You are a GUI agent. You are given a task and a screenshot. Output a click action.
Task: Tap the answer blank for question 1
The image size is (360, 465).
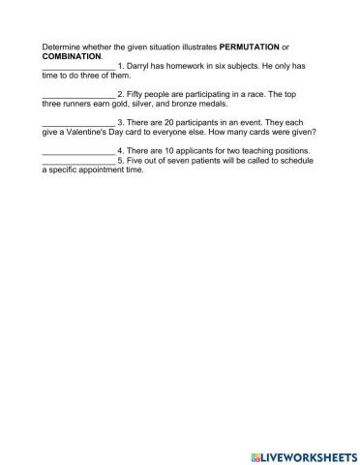pos(78,66)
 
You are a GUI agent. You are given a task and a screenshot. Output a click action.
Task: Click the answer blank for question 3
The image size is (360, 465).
pos(78,122)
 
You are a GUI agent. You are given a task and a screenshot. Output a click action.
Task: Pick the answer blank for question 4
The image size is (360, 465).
pos(78,151)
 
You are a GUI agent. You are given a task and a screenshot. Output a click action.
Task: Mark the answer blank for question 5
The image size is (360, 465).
pos(78,160)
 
